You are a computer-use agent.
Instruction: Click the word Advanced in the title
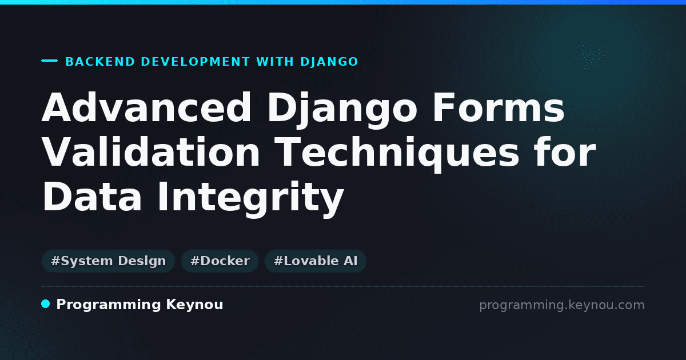[x=147, y=107]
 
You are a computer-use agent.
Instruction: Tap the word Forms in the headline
[x=498, y=107]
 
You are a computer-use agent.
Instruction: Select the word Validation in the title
[x=151, y=152]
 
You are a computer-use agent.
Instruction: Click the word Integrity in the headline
[x=250, y=199]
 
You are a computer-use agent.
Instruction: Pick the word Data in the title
[x=92, y=196]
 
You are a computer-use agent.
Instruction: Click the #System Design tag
[x=108, y=261]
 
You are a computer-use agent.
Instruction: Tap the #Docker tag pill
[x=220, y=261]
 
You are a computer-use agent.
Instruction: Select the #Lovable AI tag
[x=316, y=261]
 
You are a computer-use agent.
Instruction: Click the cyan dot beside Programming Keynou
[x=45, y=304]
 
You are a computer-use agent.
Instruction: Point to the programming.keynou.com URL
[x=562, y=305]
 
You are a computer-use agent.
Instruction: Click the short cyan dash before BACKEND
[x=49, y=61]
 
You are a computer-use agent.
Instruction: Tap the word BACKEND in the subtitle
[x=100, y=62]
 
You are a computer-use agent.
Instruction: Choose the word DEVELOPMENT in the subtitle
[x=196, y=62]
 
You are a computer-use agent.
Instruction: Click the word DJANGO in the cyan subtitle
[x=329, y=62]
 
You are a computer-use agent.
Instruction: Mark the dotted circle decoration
[x=590, y=55]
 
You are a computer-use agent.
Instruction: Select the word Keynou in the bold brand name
[x=194, y=305]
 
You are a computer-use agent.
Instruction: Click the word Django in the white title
[x=342, y=110]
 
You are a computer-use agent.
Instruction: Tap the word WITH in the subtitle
[x=275, y=62]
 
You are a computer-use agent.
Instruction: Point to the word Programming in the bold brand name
[x=109, y=305]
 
